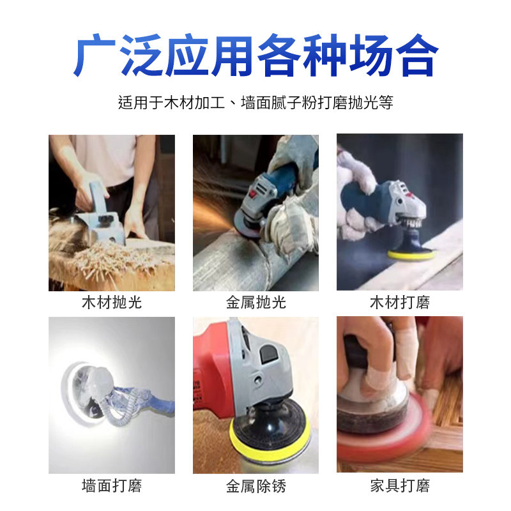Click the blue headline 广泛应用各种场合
click(x=256, y=56)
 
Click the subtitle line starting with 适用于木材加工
click(x=256, y=102)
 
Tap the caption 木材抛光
click(x=112, y=303)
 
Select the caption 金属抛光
click(x=256, y=303)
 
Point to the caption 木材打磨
click(x=399, y=303)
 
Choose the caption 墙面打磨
click(x=112, y=485)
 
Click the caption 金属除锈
click(x=256, y=485)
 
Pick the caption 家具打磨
click(x=399, y=485)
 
